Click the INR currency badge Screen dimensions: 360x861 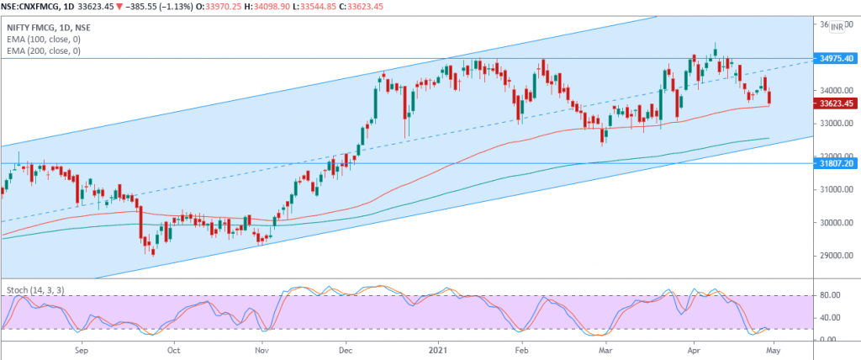837,27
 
